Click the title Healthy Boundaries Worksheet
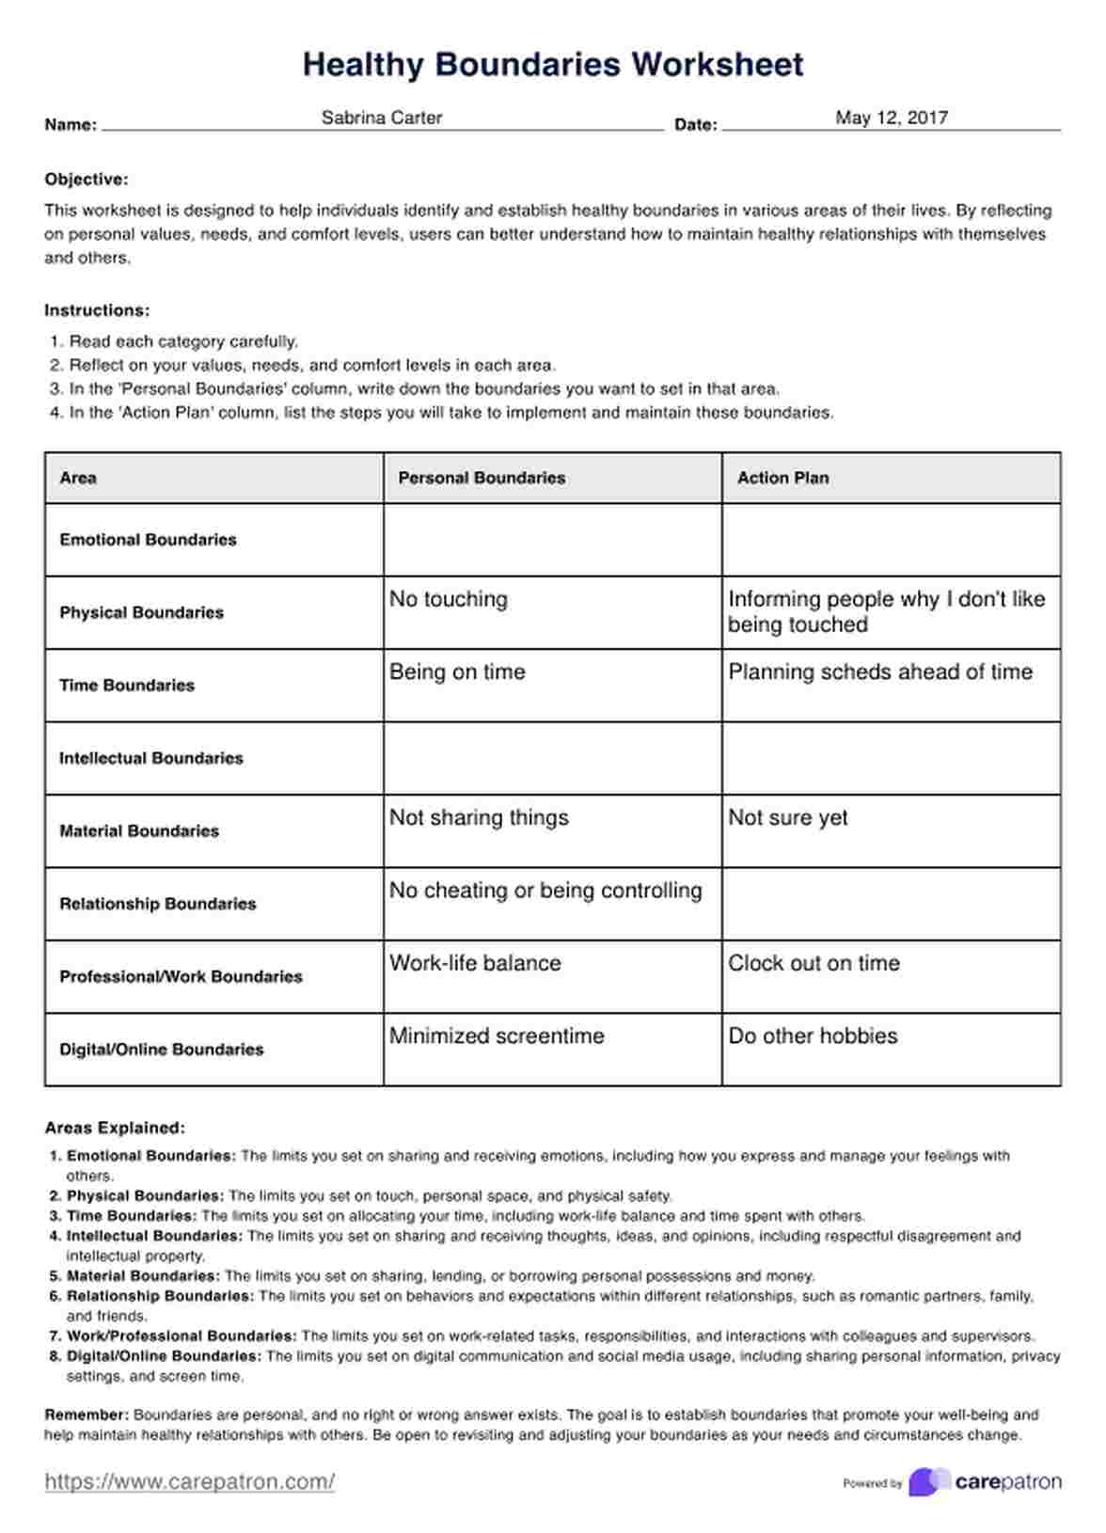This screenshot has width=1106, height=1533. pyautogui.click(x=553, y=64)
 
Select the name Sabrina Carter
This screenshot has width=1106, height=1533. pyautogui.click(x=381, y=118)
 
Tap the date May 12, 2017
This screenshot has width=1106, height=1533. pyautogui.click(x=891, y=118)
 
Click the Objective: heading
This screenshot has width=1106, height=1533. pyautogui.click(x=87, y=180)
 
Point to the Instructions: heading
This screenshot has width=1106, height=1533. pyautogui.click(x=97, y=310)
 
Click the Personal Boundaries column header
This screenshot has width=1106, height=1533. pyautogui.click(x=482, y=478)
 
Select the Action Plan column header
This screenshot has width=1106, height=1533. pyautogui.click(x=782, y=478)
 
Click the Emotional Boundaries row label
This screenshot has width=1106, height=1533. pyautogui.click(x=148, y=540)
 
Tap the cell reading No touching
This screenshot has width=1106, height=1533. pyautogui.click(x=449, y=599)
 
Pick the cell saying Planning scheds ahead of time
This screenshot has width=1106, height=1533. pyautogui.click(x=880, y=672)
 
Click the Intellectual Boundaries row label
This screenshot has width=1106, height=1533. pyautogui.click(x=150, y=758)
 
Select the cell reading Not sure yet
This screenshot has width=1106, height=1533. pyautogui.click(x=788, y=817)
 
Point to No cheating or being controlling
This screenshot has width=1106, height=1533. pyautogui.click(x=545, y=890)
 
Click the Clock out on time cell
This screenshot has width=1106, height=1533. pyautogui.click(x=814, y=963)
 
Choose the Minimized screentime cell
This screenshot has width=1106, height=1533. pyautogui.click(x=497, y=1035)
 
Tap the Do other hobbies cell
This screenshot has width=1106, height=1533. pyautogui.click(x=813, y=1035)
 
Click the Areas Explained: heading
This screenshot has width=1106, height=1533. pyautogui.click(x=115, y=1128)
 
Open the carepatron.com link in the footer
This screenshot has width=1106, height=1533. pyautogui.click(x=189, y=1482)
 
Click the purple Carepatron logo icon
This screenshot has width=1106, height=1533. pyautogui.click(x=928, y=1482)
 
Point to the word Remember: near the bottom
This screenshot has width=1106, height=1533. pyautogui.click(x=87, y=1414)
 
